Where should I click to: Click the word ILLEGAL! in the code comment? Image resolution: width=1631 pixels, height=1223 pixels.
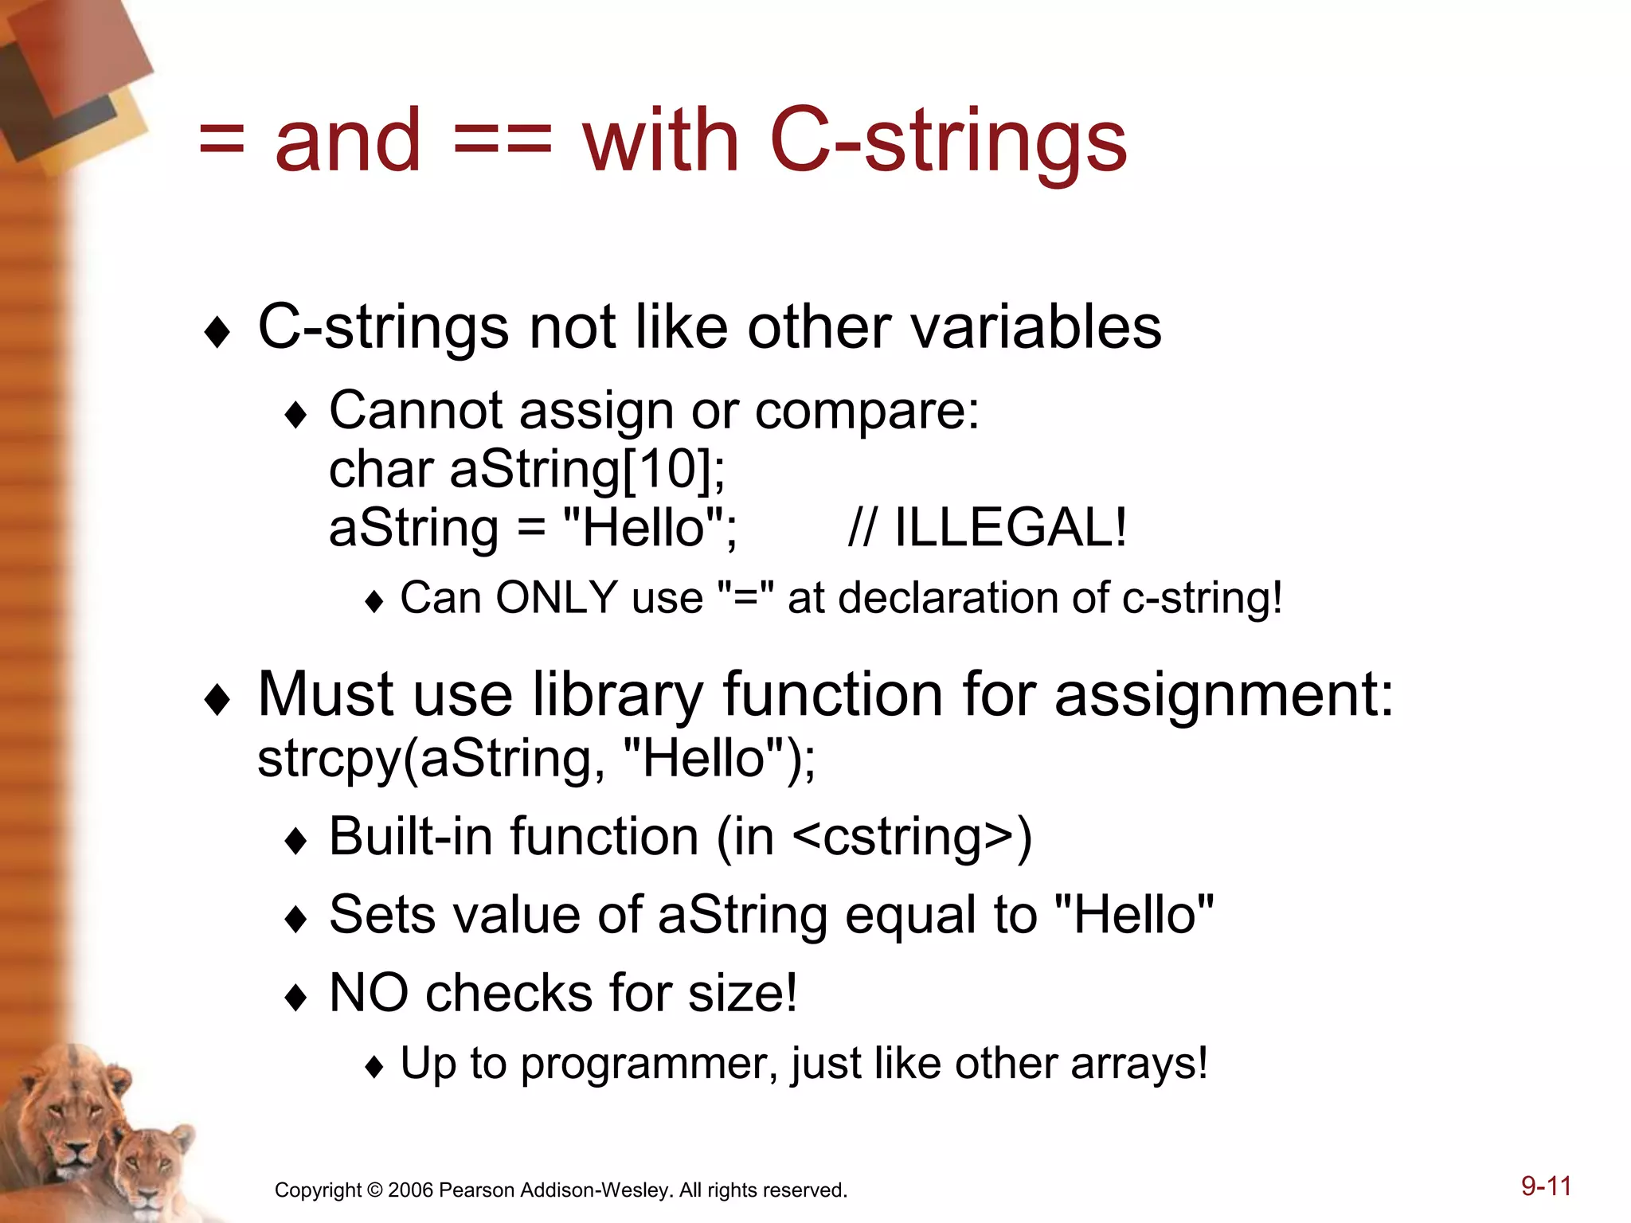coord(1010,528)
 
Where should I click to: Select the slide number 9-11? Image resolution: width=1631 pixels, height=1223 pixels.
coord(1546,1186)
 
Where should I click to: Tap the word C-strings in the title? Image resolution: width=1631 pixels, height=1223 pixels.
coord(948,141)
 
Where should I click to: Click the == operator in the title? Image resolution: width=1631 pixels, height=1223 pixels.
coord(502,141)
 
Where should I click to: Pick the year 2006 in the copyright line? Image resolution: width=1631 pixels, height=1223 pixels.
coord(410,1190)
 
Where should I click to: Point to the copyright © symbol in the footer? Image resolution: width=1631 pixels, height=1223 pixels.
coord(374,1190)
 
